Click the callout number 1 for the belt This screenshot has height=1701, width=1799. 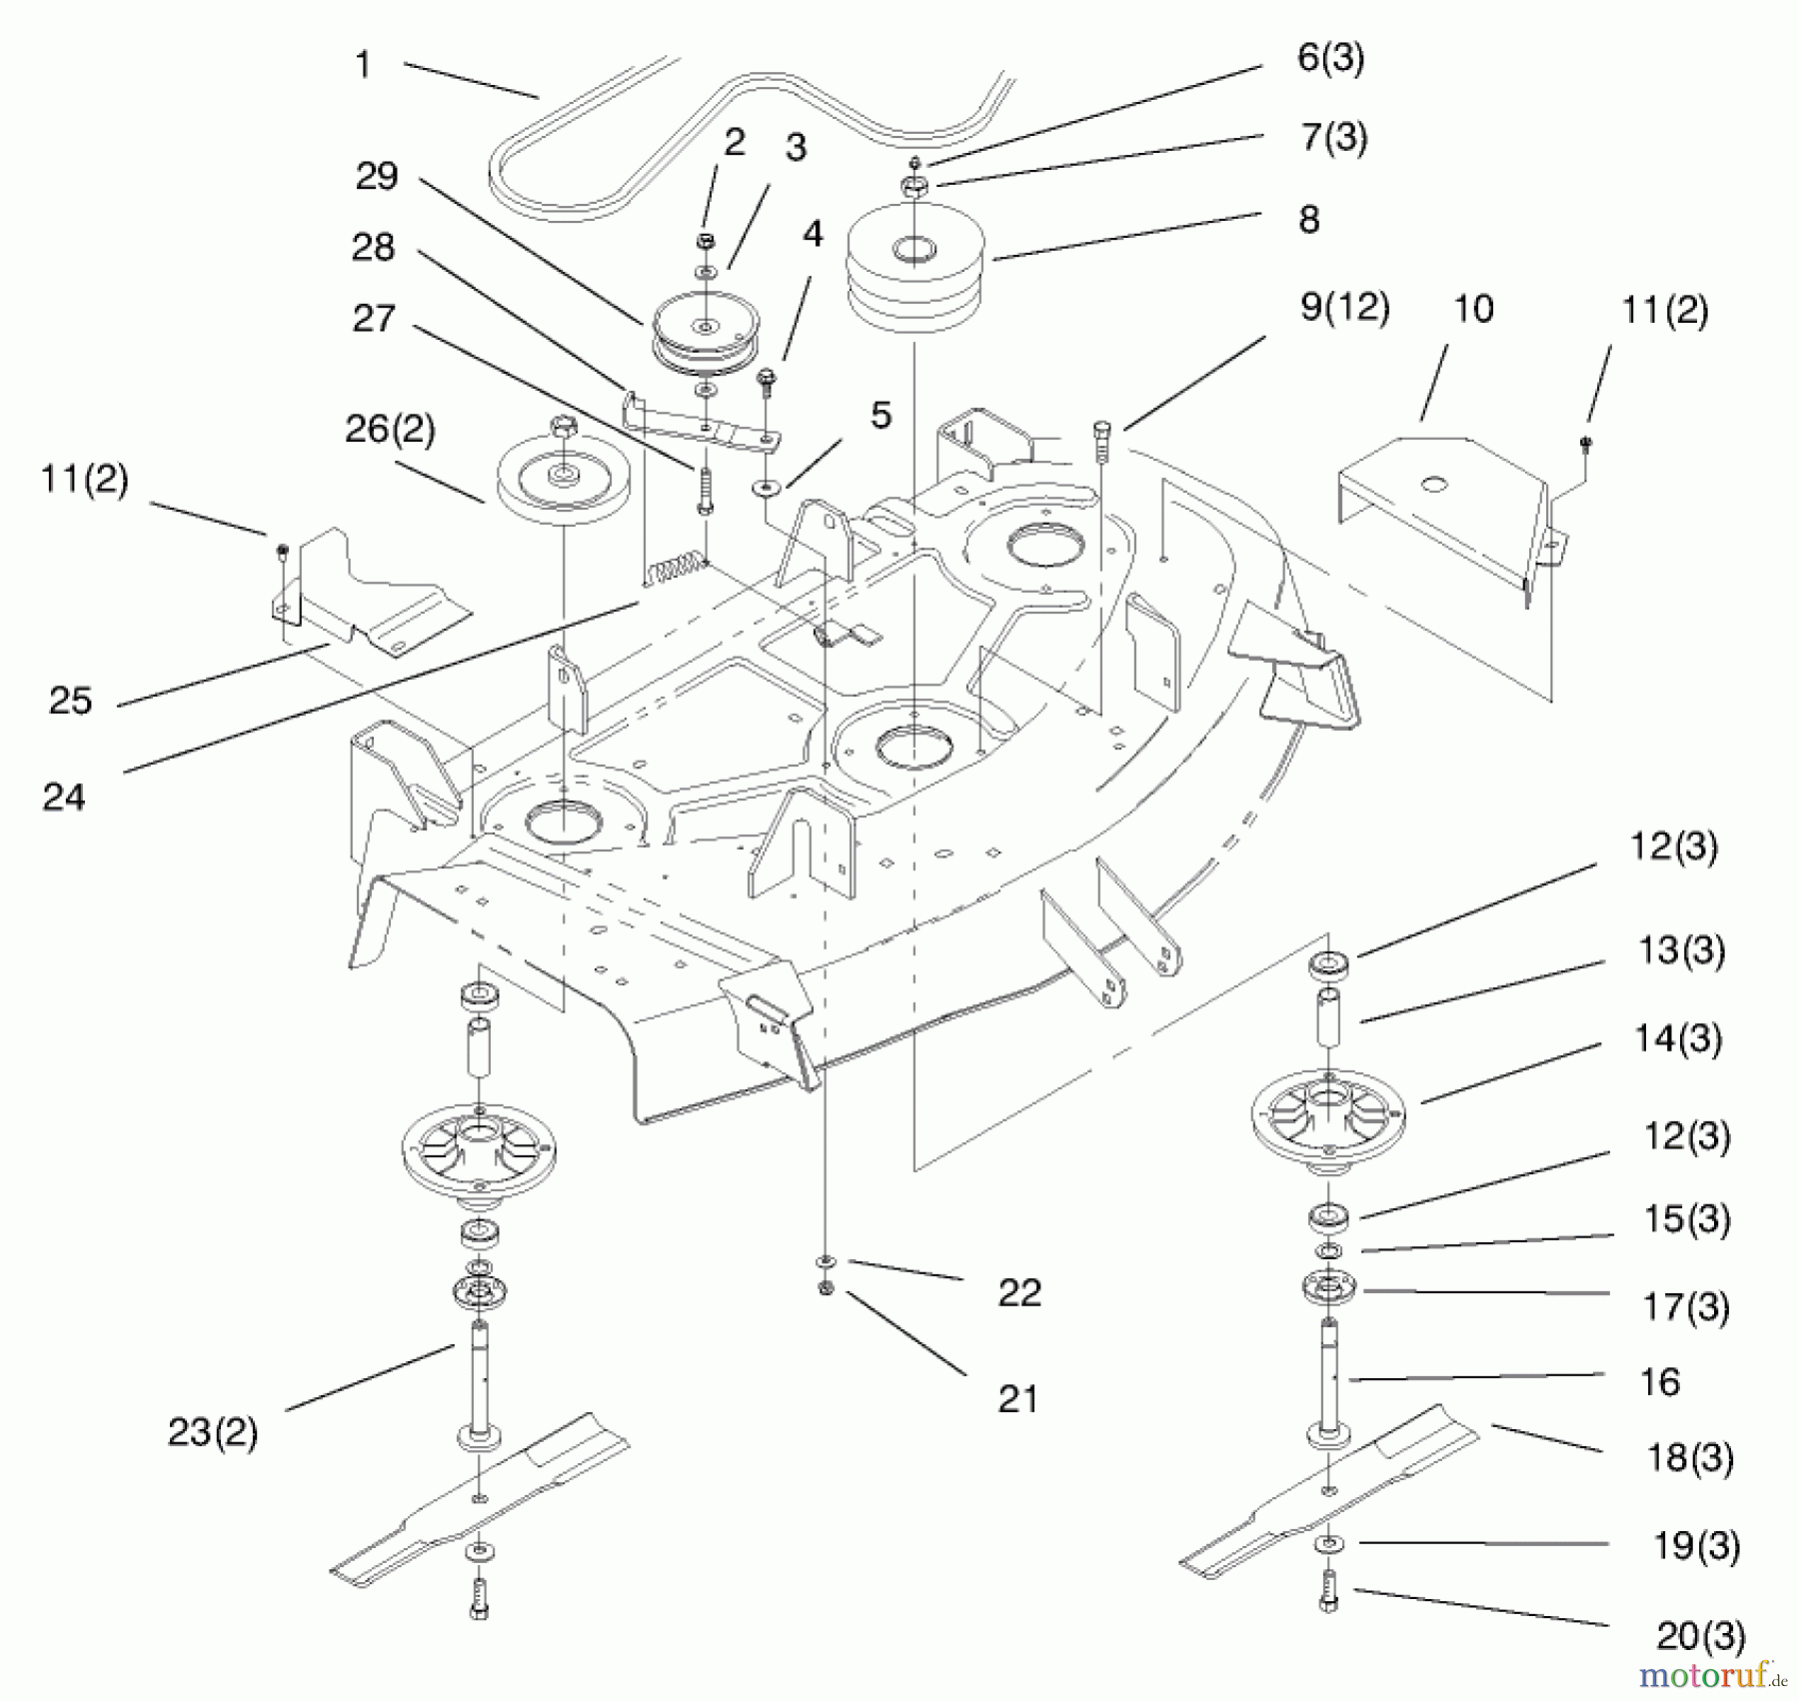pyautogui.click(x=363, y=65)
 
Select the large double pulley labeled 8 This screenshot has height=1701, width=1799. pyautogui.click(x=914, y=265)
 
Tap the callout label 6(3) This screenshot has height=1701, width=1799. pyautogui.click(x=1330, y=58)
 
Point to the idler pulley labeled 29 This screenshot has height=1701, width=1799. pyautogui.click(x=706, y=330)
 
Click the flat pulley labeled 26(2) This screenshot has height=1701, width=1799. pyautogui.click(x=563, y=480)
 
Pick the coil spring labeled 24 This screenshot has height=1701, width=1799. pyautogui.click(x=676, y=573)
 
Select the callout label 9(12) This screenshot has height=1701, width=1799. pyautogui.click(x=1344, y=307)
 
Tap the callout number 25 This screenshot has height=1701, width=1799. pyautogui.click(x=70, y=701)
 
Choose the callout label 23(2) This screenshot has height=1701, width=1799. pyautogui.click(x=212, y=1432)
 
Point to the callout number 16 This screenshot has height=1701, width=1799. pyautogui.click(x=1659, y=1382)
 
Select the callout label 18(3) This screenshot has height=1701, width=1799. pyautogui.click(x=1689, y=1458)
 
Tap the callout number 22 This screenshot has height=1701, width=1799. pyautogui.click(x=1019, y=1292)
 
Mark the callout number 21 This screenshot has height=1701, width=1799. pyautogui.click(x=1017, y=1399)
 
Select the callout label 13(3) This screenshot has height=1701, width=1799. pyautogui.click(x=1681, y=950)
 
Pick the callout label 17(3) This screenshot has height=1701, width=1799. pyautogui.click(x=1686, y=1306)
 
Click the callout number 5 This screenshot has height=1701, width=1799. pyautogui.click(x=881, y=416)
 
